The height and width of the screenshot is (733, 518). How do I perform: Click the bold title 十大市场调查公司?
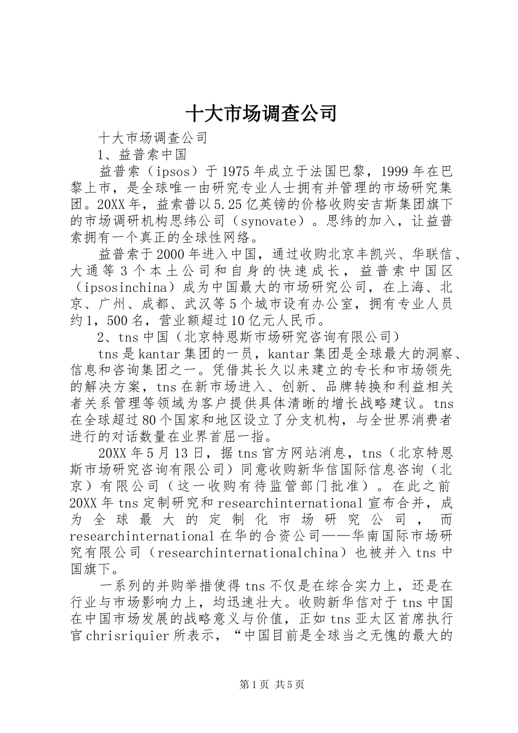[x=261, y=113]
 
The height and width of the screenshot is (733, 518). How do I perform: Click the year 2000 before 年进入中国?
[x=171, y=255]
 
